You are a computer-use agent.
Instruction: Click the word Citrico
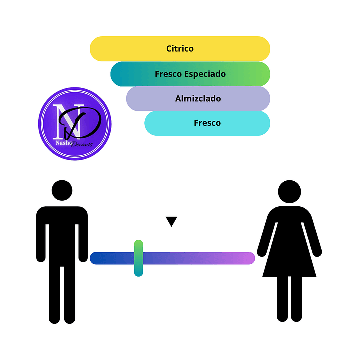pos(180,49)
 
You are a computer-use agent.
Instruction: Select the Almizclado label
pos(198,99)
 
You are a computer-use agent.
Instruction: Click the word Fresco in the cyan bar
pos(207,123)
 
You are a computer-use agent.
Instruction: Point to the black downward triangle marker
pos(172,221)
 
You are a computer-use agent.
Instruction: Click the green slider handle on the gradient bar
pos(138,258)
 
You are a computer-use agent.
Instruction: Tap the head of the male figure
pos(62,191)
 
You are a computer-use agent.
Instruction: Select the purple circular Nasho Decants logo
pos(75,124)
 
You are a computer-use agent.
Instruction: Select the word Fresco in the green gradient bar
pos(169,74)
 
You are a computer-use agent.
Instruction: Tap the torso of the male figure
pos(62,230)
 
